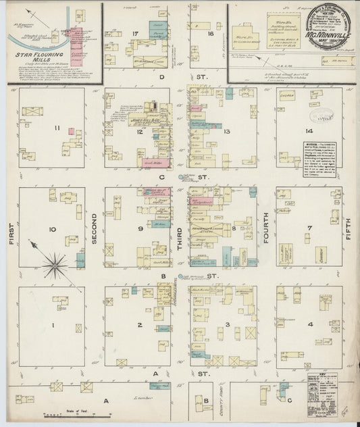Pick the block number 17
pyautogui.click(x=136, y=34)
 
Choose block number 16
pyautogui.click(x=210, y=33)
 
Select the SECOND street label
pyautogui.click(x=95, y=230)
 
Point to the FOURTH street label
pyautogui.click(x=266, y=230)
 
